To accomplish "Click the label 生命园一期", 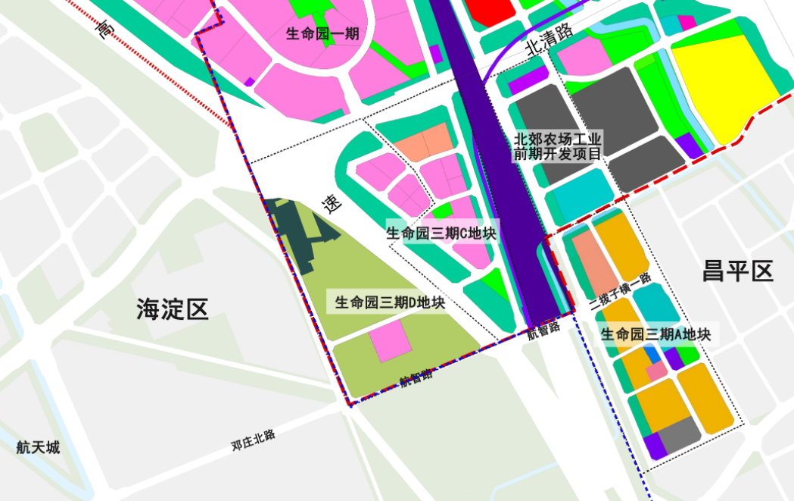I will tap(322, 33).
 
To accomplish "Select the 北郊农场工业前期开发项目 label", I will tap(559, 146).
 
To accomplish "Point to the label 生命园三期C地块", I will tap(441, 233).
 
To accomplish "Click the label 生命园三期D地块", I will tap(390, 302).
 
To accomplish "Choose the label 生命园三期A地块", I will tap(655, 334).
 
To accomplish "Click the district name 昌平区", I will tap(738, 271).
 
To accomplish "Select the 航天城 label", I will tap(38, 447).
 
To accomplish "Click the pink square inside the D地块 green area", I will tap(391, 340).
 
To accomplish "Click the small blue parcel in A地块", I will tap(651, 354).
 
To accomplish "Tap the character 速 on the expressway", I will tap(332, 202).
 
